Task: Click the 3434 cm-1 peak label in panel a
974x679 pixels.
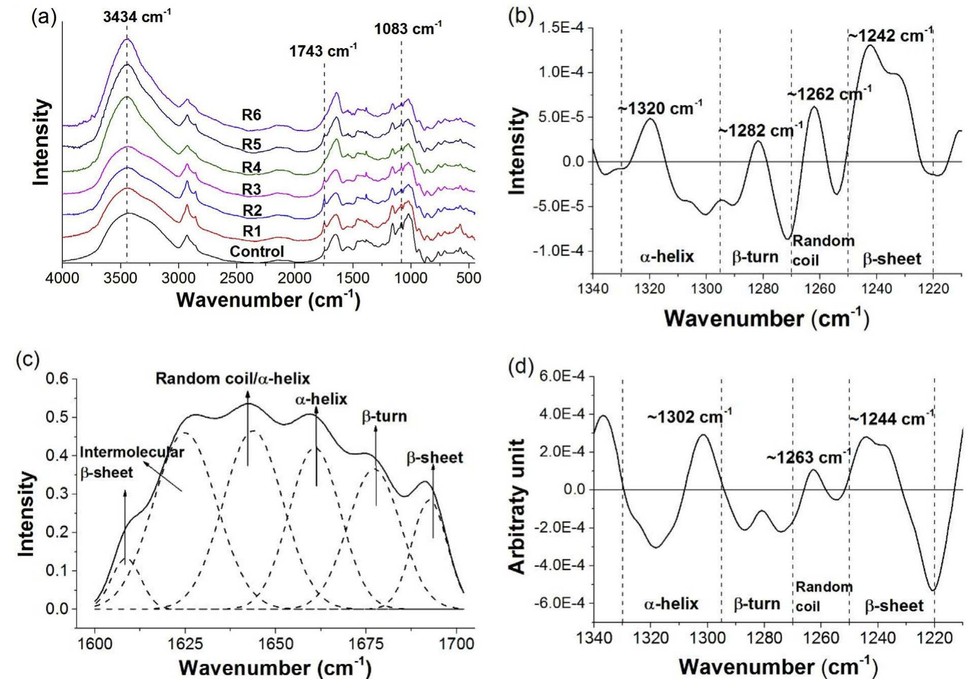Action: [x=137, y=17]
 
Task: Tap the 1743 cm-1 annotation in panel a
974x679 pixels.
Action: [x=323, y=52]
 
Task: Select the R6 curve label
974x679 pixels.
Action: [x=251, y=115]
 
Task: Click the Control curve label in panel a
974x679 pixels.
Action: [x=257, y=251]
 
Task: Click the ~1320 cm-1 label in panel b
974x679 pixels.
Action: [x=659, y=108]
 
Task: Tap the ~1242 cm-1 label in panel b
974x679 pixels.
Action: [x=890, y=36]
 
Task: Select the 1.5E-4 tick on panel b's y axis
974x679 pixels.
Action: [x=561, y=28]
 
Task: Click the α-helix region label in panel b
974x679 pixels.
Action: [x=667, y=257]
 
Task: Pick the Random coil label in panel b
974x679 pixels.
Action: [x=823, y=250]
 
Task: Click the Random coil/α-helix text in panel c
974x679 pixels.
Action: [x=233, y=379]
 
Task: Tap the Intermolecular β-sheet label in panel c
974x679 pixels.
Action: [x=131, y=462]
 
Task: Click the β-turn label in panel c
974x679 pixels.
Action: [x=384, y=417]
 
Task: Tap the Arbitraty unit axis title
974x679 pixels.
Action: [x=516, y=506]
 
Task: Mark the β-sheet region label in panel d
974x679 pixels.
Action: [x=894, y=606]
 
